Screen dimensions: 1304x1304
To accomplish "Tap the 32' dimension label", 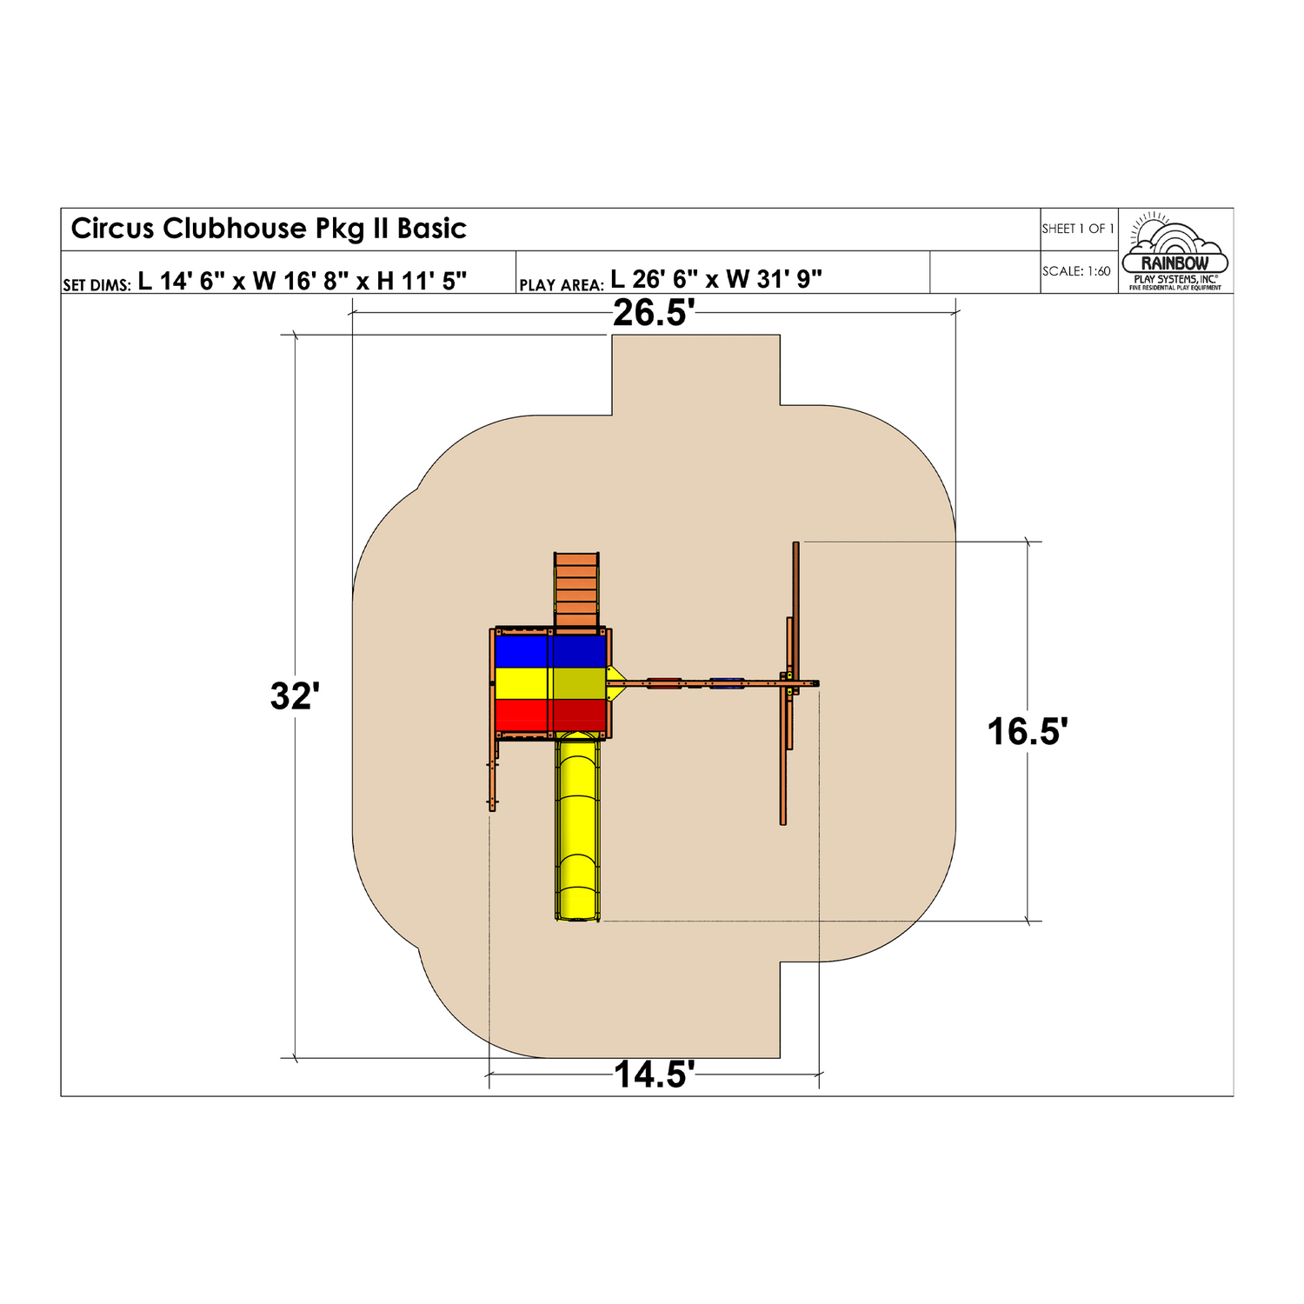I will pos(295,696).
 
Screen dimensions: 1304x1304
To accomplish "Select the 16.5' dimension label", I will pos(1027,732).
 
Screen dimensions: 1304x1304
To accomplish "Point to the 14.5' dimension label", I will pos(654,1075).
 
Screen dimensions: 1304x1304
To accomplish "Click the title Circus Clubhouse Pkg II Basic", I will pos(269,229).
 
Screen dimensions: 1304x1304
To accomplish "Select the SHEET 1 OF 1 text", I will pos(1078,229).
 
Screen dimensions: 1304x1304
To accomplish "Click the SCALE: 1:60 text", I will pos(1076,271).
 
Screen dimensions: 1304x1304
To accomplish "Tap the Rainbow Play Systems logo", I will pos(1175,251).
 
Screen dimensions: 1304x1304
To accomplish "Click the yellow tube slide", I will pos(578,826).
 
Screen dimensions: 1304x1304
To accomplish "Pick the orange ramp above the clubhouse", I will pos(577,589).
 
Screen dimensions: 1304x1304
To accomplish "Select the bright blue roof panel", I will pos(522,652).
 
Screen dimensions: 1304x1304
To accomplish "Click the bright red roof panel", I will pos(522,715).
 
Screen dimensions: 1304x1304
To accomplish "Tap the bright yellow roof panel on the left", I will pos(522,683).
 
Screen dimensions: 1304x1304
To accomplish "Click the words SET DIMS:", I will pos(96,285).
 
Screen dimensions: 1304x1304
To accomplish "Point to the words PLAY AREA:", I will pos(561,285).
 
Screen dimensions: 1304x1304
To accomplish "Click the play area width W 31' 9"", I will pos(774,279).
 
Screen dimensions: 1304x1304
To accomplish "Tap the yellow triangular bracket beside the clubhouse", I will pos(616,676).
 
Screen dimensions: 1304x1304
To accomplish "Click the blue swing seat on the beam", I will pos(727,684).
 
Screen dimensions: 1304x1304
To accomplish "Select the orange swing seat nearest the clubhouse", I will pos(664,684).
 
